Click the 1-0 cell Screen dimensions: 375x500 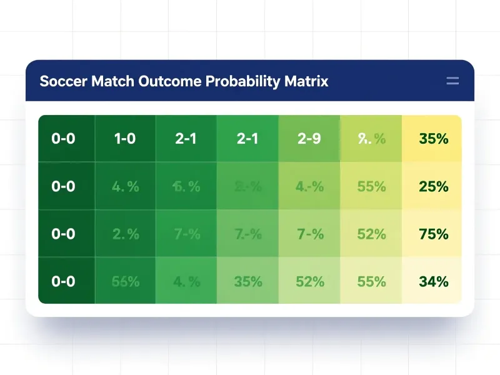click(x=125, y=139)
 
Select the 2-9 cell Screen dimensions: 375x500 click(x=309, y=139)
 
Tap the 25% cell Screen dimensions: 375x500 click(x=433, y=186)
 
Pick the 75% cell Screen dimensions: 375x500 click(x=433, y=234)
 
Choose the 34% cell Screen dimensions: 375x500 click(x=433, y=281)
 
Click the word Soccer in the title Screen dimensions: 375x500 click(x=63, y=81)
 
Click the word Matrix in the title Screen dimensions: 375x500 click(x=306, y=81)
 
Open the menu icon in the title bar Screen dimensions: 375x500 click(x=452, y=81)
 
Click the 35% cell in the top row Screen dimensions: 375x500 click(x=433, y=139)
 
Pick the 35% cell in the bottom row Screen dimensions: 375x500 click(x=247, y=281)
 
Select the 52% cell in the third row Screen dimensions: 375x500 click(x=371, y=234)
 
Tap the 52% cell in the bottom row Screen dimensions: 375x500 click(x=309, y=281)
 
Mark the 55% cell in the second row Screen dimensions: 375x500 click(x=371, y=186)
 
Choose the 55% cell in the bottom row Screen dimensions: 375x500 click(x=371, y=281)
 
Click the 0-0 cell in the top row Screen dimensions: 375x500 click(x=63, y=139)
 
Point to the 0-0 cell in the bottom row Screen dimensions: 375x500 click(x=63, y=281)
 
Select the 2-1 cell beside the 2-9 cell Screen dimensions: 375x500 click(x=247, y=139)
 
